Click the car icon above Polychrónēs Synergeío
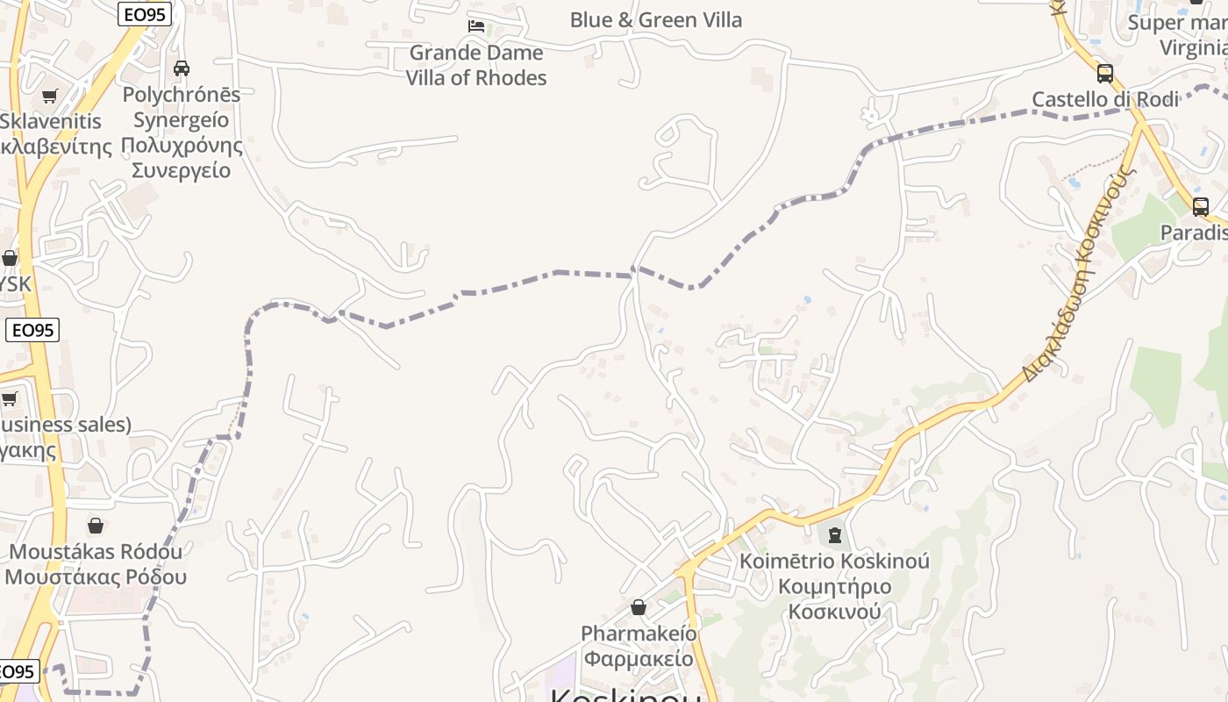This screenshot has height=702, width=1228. (x=182, y=68)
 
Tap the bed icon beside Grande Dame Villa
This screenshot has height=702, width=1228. (x=476, y=26)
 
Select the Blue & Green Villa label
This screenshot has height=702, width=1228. (x=655, y=19)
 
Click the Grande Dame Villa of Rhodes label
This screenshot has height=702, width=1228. (x=476, y=65)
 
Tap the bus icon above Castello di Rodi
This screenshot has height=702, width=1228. (x=1105, y=74)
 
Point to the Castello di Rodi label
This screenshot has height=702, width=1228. (x=1104, y=99)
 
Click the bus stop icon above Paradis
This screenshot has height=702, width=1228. (x=1201, y=207)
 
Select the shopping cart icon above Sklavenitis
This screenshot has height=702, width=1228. (x=50, y=96)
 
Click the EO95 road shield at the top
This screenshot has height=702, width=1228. (x=144, y=13)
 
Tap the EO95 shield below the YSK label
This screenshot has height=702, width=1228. (x=32, y=330)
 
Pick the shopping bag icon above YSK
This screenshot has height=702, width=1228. (x=10, y=258)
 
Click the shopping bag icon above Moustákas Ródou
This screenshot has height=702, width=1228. (x=96, y=526)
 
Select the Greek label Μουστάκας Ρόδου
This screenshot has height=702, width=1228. (x=96, y=577)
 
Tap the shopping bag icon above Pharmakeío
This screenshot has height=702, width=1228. (x=639, y=607)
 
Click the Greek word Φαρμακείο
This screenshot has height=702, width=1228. (x=639, y=658)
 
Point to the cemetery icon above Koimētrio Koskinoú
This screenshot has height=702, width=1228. (x=834, y=534)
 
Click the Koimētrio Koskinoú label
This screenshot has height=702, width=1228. (x=834, y=561)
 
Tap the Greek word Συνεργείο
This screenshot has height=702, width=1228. (x=182, y=169)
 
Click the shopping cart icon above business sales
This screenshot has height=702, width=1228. (x=10, y=399)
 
